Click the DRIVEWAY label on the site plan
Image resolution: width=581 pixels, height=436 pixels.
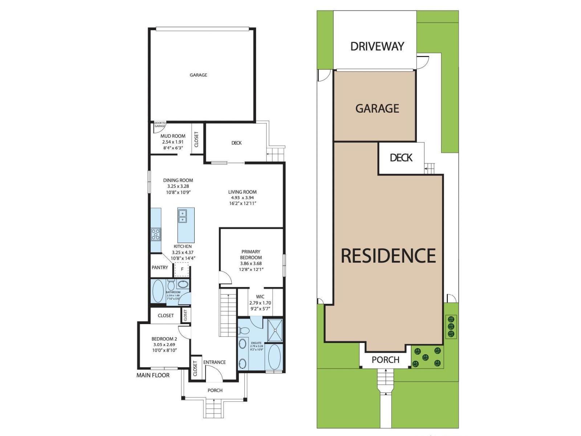pos(377,47)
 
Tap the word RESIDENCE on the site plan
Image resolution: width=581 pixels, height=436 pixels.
pos(388,256)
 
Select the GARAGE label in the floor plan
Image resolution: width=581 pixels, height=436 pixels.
pos(198,75)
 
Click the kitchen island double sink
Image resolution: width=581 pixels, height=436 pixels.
pos(182,217)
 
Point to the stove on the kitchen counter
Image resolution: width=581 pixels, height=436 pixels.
pos(156,234)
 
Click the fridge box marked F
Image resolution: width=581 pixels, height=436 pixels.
pos(182,270)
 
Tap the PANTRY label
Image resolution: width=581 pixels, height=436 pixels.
pos(160,267)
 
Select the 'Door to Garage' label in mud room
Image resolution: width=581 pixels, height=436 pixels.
pos(159,125)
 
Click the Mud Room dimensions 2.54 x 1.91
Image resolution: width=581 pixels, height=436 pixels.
pos(173,142)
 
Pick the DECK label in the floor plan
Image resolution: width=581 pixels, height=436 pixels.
pos(236,143)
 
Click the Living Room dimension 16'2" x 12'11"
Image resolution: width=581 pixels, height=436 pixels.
pos(242,203)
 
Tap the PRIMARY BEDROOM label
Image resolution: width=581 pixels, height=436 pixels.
pos(251,254)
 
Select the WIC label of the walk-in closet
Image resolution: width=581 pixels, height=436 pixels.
pos(260,296)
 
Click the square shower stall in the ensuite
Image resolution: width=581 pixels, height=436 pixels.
pos(275,330)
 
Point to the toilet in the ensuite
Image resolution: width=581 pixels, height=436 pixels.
pos(244,331)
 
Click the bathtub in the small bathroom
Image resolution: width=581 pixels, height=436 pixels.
pos(158,291)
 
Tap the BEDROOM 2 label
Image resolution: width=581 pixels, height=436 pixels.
pos(164,339)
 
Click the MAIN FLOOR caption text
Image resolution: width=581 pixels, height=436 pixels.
pos(153,375)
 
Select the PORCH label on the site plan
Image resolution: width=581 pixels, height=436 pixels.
pos(385,360)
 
